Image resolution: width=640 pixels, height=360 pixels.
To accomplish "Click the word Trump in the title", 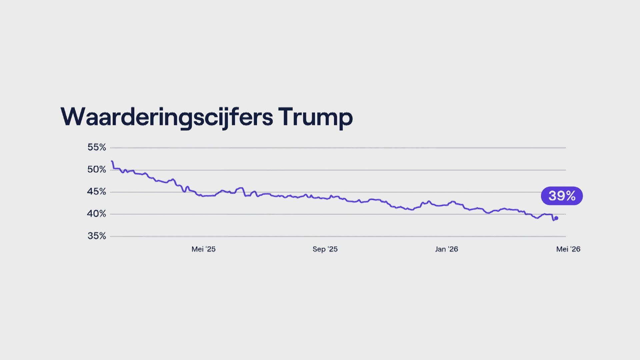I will (315, 117).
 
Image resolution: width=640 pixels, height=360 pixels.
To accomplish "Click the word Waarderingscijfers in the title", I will (167, 117).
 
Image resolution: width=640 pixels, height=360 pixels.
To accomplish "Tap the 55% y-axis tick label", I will (97, 147).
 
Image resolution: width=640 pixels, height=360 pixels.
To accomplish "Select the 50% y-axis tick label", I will (97, 170).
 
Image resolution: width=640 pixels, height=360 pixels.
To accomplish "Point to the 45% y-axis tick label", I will (97, 192).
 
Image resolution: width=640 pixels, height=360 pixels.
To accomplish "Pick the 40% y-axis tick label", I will (97, 214).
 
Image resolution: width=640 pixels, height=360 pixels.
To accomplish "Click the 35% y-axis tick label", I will (97, 236).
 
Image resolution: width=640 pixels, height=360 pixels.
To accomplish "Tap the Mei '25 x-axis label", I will (203, 249).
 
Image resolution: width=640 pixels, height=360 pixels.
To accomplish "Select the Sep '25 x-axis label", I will (325, 249).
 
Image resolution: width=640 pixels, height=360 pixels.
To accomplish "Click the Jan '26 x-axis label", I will (447, 249).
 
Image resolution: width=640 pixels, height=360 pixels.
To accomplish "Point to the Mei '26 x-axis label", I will (568, 249).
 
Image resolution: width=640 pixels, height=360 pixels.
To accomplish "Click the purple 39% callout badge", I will (562, 196).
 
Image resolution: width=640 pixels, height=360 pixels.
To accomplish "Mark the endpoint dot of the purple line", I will (556, 218).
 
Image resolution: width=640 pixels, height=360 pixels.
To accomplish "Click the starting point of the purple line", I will (111, 161).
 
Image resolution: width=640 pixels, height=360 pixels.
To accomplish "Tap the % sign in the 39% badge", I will (571, 196).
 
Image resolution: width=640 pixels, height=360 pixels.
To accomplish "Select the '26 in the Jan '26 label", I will (453, 249).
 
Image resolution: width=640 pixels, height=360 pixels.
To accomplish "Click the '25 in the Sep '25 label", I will (332, 249).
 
